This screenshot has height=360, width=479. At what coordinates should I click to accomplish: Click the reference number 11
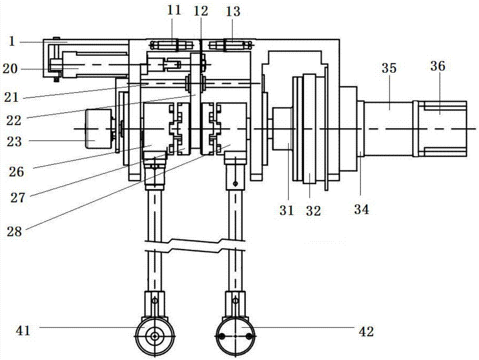point(174,11)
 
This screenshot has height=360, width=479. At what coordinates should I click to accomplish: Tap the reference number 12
point(201,11)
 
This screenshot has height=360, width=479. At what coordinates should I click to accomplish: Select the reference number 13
point(233,12)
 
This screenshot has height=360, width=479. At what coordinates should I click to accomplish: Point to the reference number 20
point(10,69)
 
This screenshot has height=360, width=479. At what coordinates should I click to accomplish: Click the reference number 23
point(14,142)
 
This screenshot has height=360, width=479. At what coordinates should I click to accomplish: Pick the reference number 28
point(15,232)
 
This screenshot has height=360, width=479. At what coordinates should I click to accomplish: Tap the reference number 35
point(389,69)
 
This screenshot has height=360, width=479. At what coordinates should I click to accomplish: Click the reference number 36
point(438,66)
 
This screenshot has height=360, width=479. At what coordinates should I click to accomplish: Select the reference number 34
point(362,209)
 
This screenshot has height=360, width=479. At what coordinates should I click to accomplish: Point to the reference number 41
point(23,330)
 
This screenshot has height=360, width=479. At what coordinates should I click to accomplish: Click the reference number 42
point(366,331)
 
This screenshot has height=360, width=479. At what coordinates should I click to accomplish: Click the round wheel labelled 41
point(155,336)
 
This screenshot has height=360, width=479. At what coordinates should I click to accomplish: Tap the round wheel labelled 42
point(236,336)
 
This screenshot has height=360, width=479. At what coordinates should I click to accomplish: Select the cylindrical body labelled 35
point(388,128)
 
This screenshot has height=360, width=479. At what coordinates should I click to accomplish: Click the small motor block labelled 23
point(98,128)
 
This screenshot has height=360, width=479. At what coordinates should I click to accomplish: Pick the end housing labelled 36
point(440,128)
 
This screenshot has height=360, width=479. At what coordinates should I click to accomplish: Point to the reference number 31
point(286,210)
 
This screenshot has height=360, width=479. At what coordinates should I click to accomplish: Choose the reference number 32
point(313,211)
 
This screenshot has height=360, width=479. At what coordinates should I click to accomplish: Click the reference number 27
point(17,197)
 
